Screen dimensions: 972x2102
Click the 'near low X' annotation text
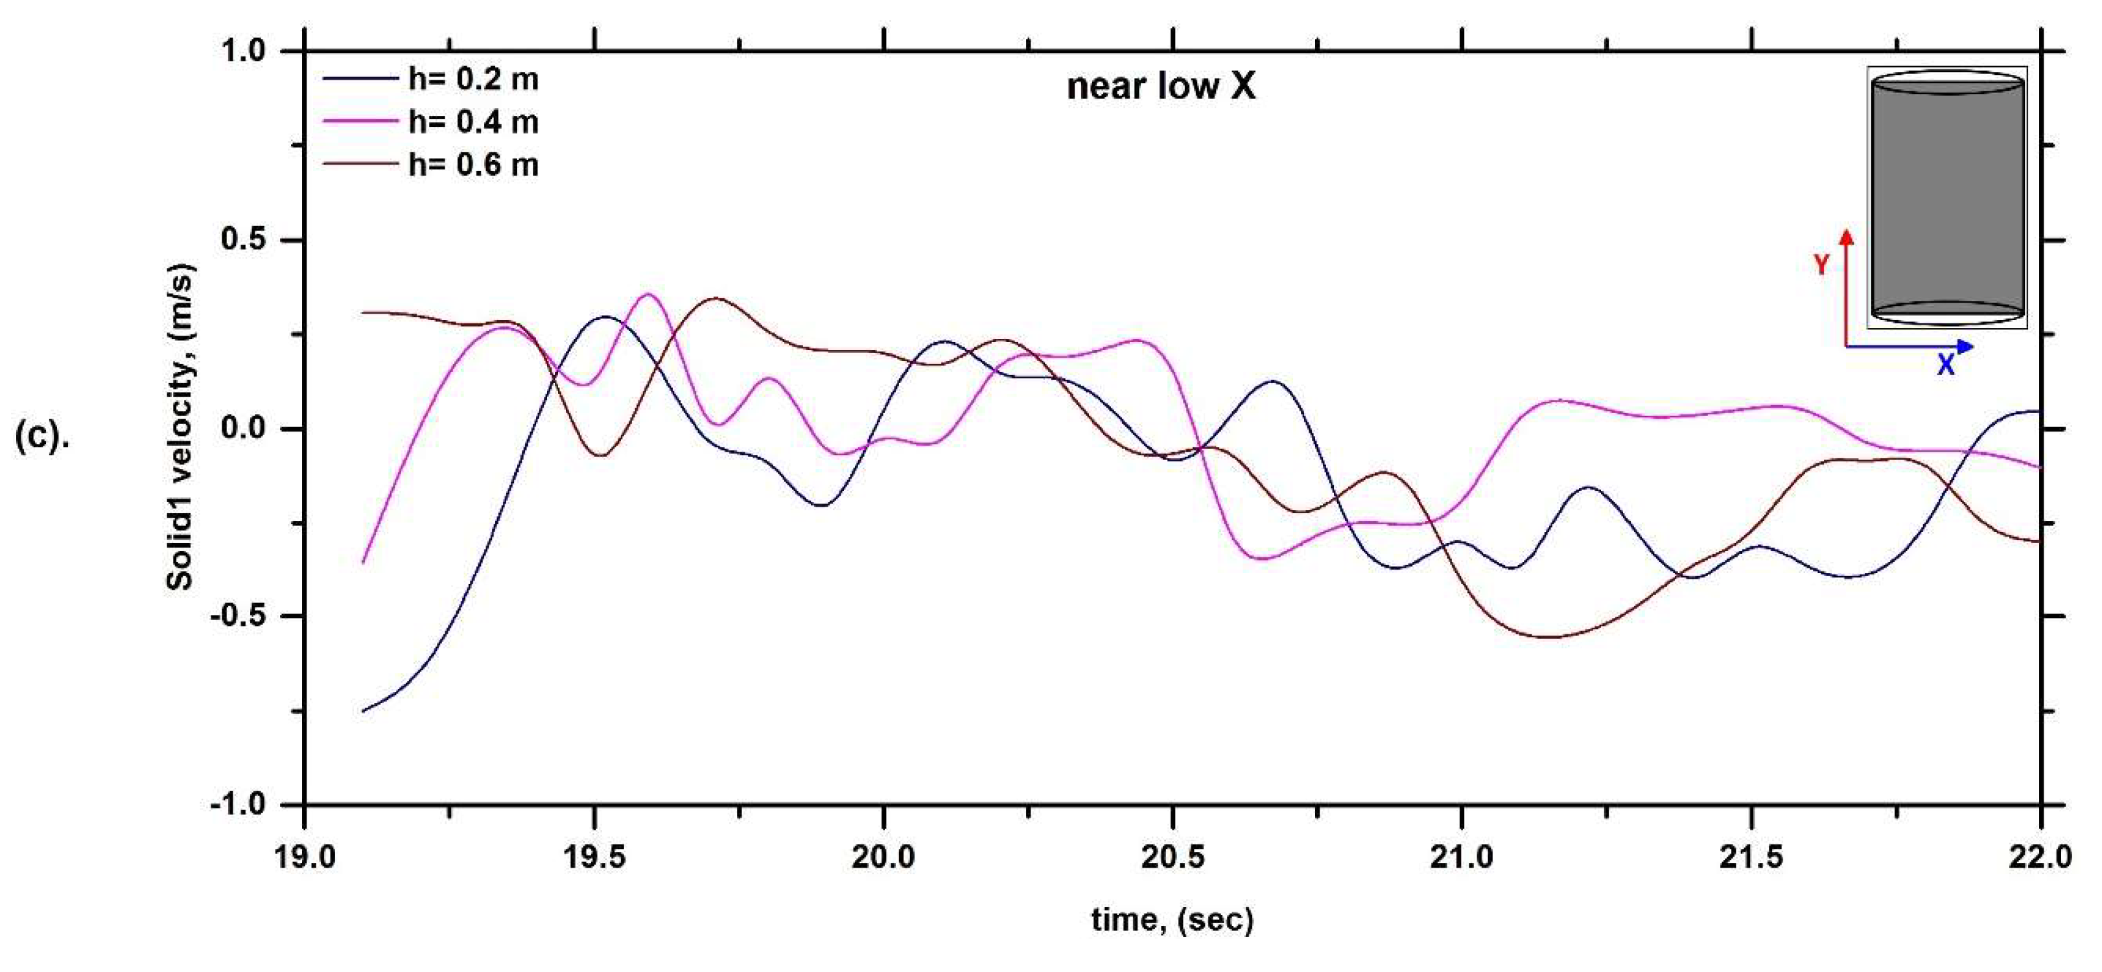(x=1160, y=87)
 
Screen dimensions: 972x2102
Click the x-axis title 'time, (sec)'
(x=1172, y=920)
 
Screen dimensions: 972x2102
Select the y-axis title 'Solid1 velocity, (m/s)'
(x=180, y=427)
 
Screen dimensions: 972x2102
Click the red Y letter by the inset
(x=1821, y=264)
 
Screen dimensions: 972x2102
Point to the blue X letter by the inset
(x=1945, y=365)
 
